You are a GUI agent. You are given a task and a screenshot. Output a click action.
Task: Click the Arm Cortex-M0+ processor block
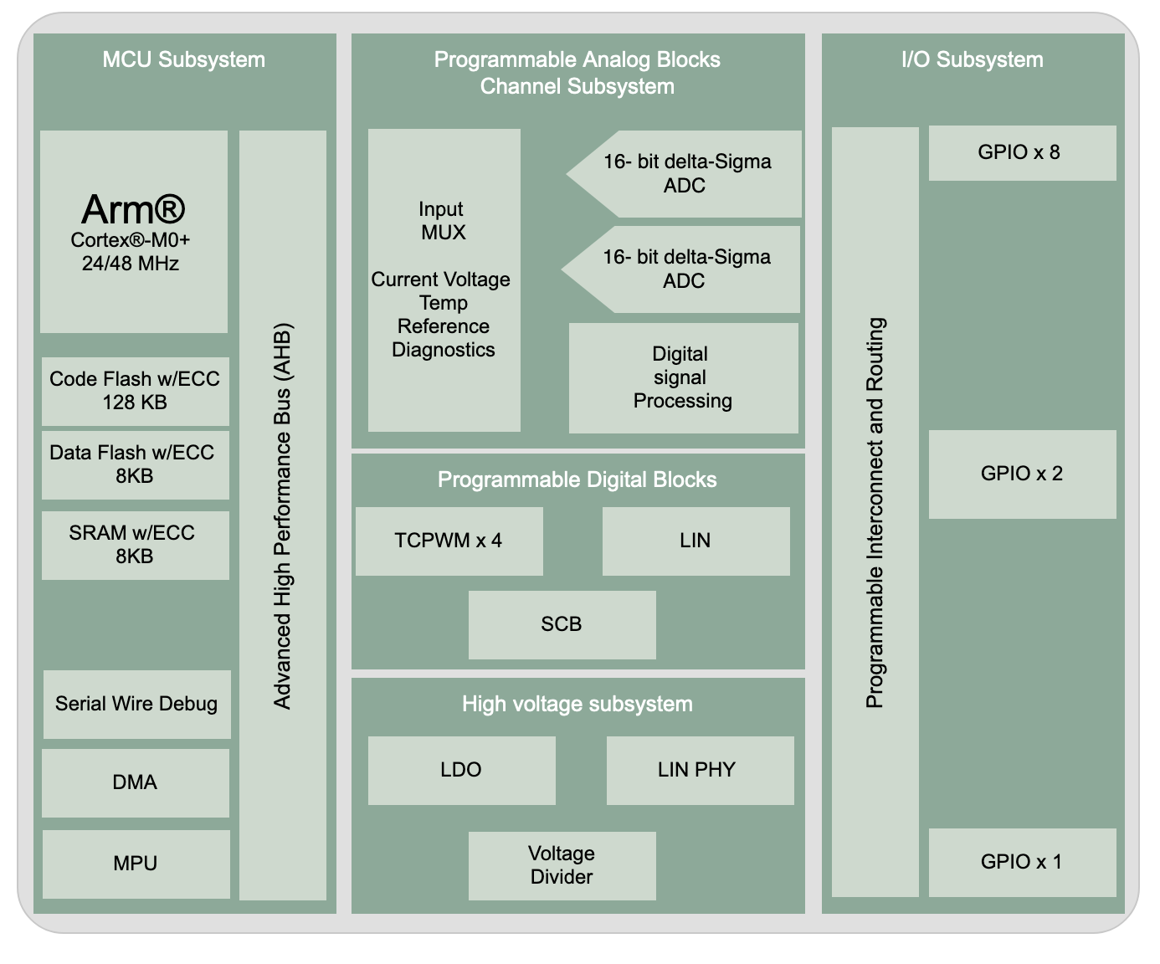pos(134,231)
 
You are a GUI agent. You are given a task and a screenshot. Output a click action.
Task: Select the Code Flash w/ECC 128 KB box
pos(135,391)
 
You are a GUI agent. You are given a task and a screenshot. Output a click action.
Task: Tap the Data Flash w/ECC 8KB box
pos(135,464)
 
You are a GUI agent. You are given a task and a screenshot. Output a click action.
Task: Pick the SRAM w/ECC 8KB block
pos(135,545)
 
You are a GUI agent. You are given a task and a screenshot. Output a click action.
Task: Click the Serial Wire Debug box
pos(136,704)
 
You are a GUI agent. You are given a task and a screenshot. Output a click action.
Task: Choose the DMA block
pos(135,782)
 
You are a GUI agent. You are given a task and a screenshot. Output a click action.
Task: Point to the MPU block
pos(136,864)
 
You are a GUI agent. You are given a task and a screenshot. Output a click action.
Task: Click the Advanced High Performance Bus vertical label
pos(283,515)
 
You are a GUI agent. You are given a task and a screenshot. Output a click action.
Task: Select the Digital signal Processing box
pos(683,377)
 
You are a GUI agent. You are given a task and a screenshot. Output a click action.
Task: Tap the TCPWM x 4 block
pos(449,541)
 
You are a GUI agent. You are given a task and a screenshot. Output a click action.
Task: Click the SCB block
pos(562,624)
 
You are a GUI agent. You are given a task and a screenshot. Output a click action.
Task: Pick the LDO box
pos(461,770)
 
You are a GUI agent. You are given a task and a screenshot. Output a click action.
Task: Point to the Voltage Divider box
pos(562,865)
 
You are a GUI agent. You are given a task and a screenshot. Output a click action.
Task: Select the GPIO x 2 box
pos(1022,474)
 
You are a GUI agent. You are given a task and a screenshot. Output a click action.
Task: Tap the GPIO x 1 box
pos(1022,862)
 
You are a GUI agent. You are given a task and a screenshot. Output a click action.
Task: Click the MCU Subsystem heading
pos(184,59)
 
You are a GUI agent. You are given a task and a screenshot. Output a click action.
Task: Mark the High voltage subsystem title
pos(577,704)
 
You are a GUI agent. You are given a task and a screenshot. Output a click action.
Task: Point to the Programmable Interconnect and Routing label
pos(875,512)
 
